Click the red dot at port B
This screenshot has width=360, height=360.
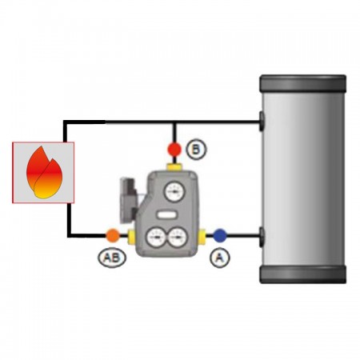tap(174, 149)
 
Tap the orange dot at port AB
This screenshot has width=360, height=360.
tap(113, 235)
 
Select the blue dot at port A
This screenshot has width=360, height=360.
tap(220, 235)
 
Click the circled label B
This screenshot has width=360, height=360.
tap(196, 150)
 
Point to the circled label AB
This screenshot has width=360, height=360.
tap(112, 258)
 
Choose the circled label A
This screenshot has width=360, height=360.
tap(220, 258)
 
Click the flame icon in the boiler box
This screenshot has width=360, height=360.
tap(44, 173)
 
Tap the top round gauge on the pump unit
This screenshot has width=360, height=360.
tap(174, 191)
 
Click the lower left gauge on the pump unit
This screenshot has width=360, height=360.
tap(156, 237)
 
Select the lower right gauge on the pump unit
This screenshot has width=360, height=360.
tap(178, 237)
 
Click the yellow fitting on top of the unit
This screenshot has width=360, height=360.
tap(174, 167)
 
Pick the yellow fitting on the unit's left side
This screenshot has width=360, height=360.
tap(131, 236)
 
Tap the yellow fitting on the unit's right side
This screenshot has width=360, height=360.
tap(202, 236)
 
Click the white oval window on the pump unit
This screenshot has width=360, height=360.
tap(166, 215)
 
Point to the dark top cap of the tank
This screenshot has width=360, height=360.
tap(302, 83)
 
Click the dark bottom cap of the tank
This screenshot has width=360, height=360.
tap(302, 274)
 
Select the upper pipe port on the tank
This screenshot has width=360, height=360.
tap(262, 122)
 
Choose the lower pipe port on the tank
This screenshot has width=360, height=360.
tap(262, 237)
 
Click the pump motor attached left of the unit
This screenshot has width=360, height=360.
tap(129, 201)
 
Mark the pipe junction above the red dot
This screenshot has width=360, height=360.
tap(174, 122)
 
